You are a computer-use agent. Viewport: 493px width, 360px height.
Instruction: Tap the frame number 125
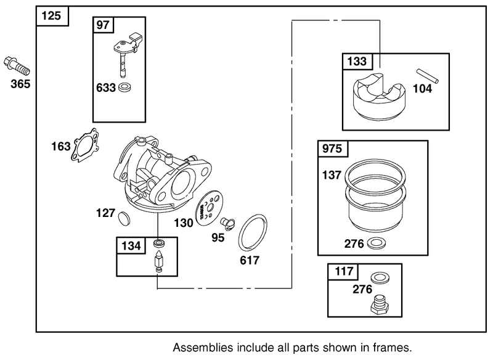tap(52, 16)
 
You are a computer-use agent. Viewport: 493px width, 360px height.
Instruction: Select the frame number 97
tap(102, 25)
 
